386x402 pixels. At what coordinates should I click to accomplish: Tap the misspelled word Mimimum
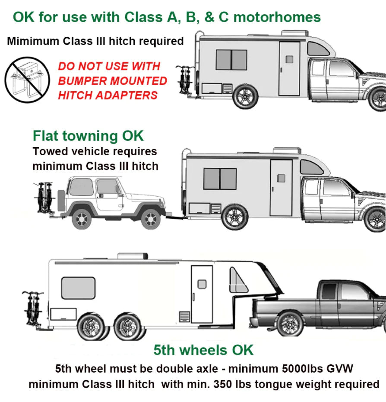[33, 41]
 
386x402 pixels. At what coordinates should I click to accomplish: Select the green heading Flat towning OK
[88, 135]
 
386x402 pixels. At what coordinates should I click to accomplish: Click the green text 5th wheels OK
[203, 349]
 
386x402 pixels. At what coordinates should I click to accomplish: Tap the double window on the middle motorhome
[220, 179]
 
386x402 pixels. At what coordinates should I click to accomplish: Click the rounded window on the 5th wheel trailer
[78, 288]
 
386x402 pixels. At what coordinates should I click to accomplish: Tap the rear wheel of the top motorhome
[245, 96]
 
